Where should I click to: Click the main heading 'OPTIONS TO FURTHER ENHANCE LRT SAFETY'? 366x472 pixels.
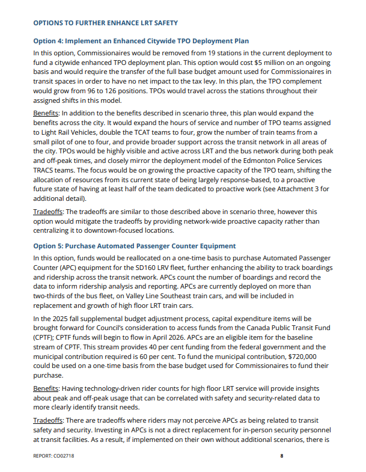click(105, 23)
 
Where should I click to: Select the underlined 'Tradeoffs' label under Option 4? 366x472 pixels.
click(49, 212)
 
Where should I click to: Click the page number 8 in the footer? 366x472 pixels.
click(281, 456)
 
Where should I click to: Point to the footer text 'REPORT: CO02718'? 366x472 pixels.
click(54, 456)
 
